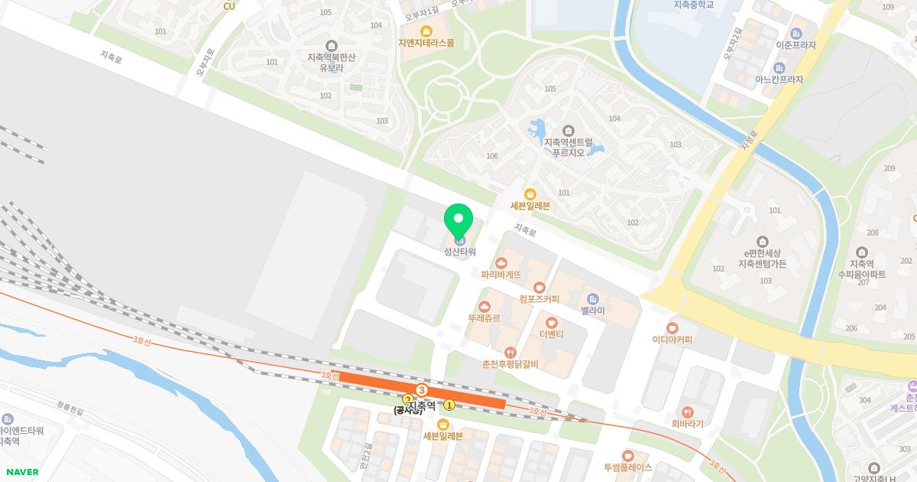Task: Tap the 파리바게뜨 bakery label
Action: pyautogui.click(x=501, y=273)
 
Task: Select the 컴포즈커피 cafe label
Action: pyautogui.click(x=539, y=298)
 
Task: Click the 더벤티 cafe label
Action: pyautogui.click(x=551, y=334)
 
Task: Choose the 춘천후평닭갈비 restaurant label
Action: pyautogui.click(x=510, y=363)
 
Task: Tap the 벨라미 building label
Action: pyautogui.click(x=592, y=310)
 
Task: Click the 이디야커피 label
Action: pyautogui.click(x=672, y=339)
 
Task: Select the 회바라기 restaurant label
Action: pyautogui.click(x=688, y=423)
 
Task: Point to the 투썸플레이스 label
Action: pyautogui.click(x=627, y=467)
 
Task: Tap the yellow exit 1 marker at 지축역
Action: pyautogui.click(x=450, y=405)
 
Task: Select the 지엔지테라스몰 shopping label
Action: pyautogui.click(x=426, y=42)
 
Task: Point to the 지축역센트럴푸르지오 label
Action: pyautogui.click(x=568, y=147)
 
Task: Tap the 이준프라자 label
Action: pyautogui.click(x=795, y=45)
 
